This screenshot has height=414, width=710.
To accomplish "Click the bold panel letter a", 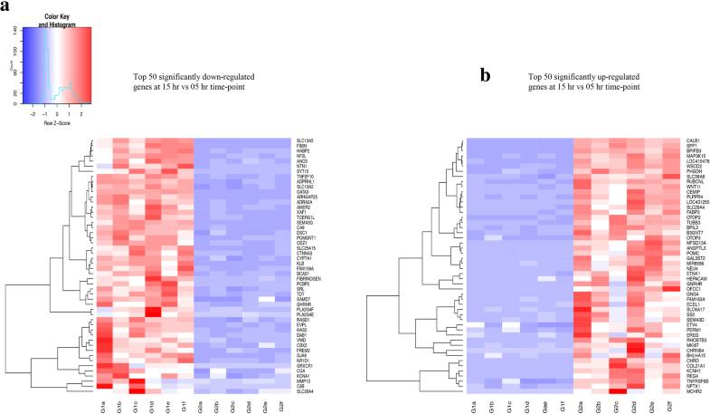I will [x=5, y=7].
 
